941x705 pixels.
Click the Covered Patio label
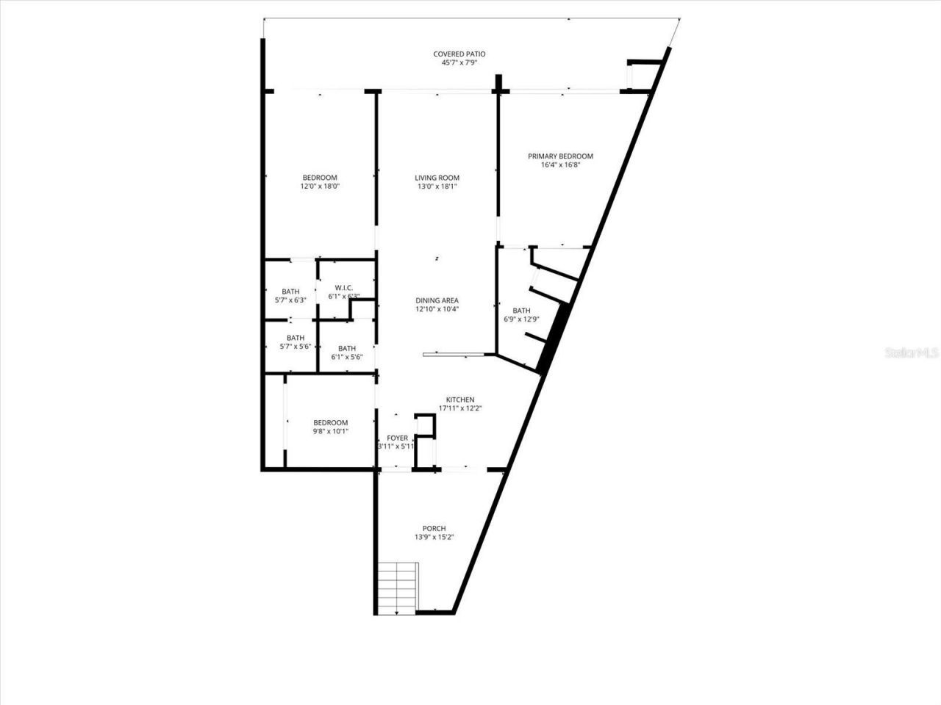pyautogui.click(x=459, y=54)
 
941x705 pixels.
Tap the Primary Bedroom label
pyautogui.click(x=560, y=156)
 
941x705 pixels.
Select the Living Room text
pyautogui.click(x=437, y=178)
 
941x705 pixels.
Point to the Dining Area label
pyautogui.click(x=437, y=300)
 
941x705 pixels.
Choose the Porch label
pyautogui.click(x=434, y=529)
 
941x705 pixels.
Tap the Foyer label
pyautogui.click(x=397, y=438)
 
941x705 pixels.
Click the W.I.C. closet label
pyautogui.click(x=344, y=287)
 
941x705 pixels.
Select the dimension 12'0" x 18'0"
pyautogui.click(x=320, y=187)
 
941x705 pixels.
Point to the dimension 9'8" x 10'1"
pyautogui.click(x=330, y=431)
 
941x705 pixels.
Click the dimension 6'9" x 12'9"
pyautogui.click(x=521, y=319)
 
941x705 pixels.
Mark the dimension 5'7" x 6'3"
pyautogui.click(x=290, y=300)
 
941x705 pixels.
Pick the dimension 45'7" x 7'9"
pyautogui.click(x=459, y=63)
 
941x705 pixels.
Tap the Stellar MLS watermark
pyautogui.click(x=912, y=353)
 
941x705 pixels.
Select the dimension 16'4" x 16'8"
pyautogui.click(x=560, y=165)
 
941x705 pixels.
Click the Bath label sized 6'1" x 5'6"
pyautogui.click(x=347, y=348)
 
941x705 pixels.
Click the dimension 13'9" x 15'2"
pyautogui.click(x=434, y=538)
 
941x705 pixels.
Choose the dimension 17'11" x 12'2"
pyautogui.click(x=460, y=408)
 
